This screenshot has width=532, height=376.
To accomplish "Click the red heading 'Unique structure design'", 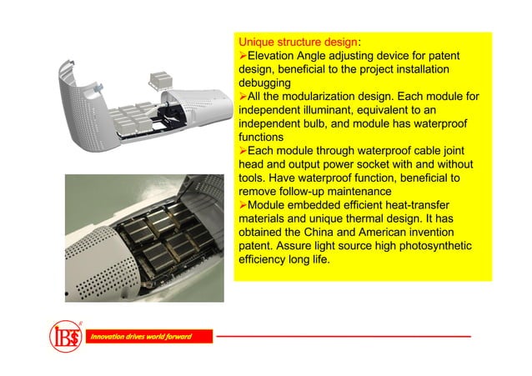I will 298,41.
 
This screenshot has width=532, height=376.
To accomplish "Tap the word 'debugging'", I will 264,83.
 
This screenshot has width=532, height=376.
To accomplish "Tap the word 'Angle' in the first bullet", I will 328,55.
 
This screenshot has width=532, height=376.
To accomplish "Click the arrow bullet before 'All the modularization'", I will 243,96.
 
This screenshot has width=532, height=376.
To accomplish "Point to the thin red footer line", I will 342,336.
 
